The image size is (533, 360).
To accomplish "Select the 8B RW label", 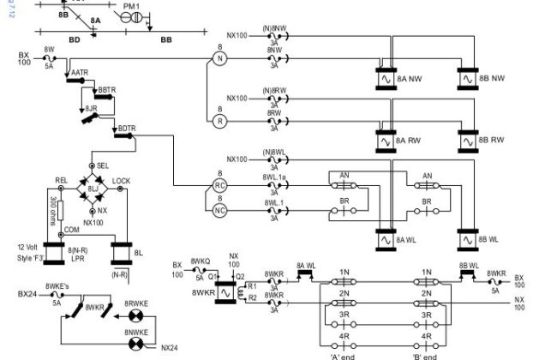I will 494,141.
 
